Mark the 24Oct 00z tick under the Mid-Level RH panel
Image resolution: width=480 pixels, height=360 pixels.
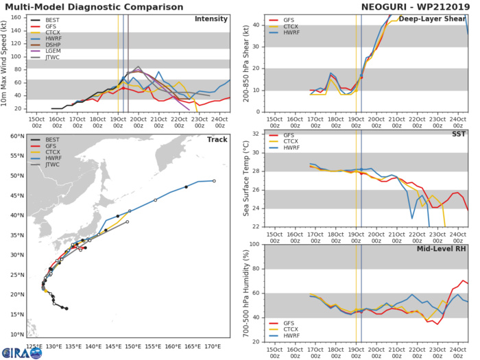tap(457, 350)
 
